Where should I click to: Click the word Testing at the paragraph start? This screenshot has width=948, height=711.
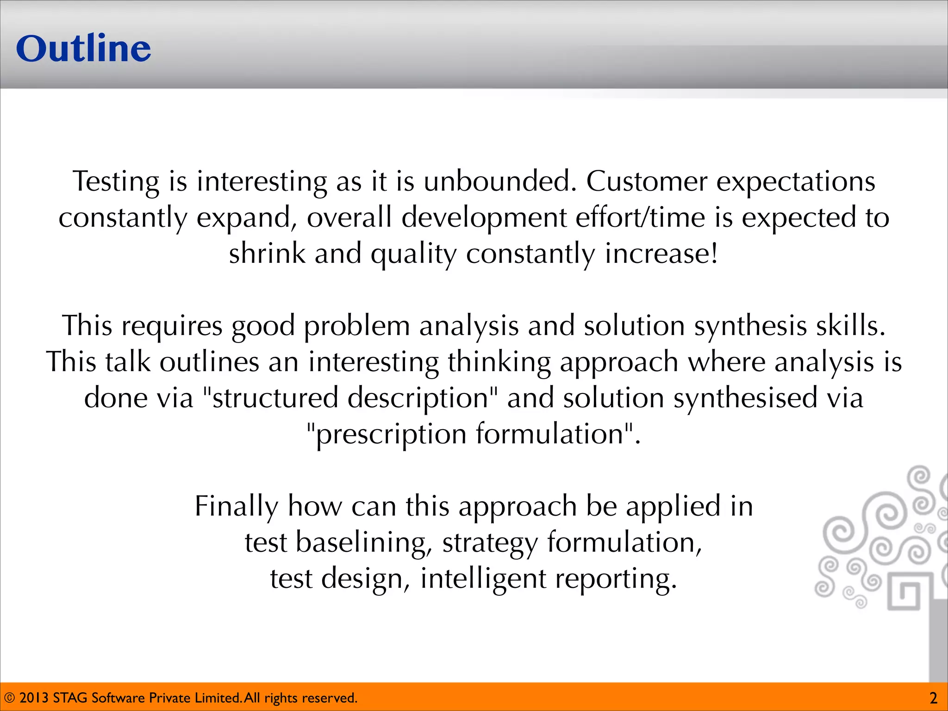[x=116, y=181]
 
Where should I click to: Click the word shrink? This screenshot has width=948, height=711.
[x=267, y=254]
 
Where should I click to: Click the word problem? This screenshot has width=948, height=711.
[x=357, y=325]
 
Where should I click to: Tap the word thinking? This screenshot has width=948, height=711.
[x=499, y=362]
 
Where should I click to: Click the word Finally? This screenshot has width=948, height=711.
[x=236, y=506]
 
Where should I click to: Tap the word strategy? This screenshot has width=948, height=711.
[x=490, y=543]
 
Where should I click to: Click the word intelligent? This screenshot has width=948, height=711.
[x=483, y=579]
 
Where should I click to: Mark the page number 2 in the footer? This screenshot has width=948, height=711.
[x=933, y=698]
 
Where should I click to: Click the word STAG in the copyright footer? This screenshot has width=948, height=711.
[x=70, y=698]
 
